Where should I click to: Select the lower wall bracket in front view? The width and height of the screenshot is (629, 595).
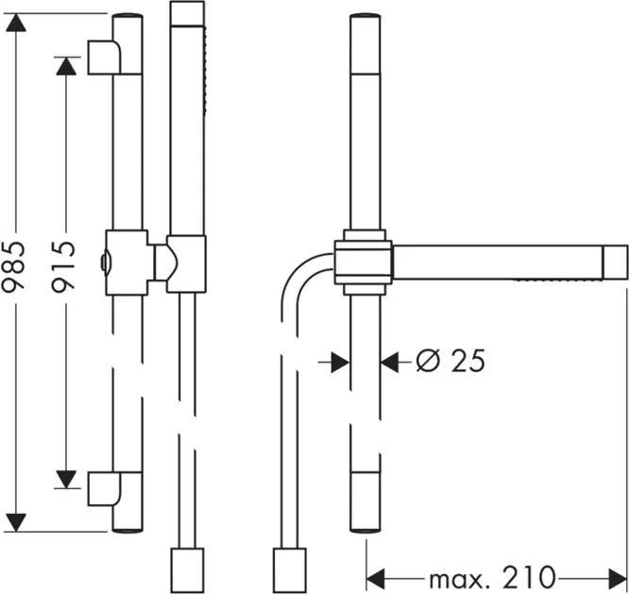tap(104, 488)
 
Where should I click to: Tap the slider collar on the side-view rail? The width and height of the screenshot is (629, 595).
tap(364, 258)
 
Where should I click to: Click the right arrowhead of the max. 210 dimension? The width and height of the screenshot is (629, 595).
tap(619, 575)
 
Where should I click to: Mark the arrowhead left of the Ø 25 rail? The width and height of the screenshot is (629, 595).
tap(338, 360)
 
